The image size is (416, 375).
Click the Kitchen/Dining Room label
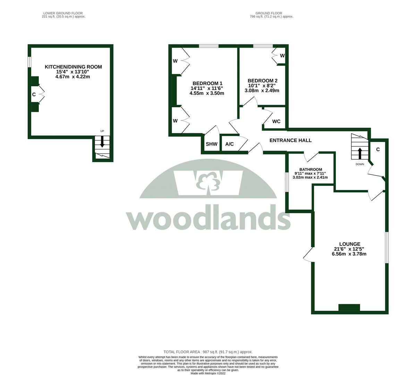[x=73, y=67]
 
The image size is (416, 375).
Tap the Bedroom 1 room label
[x=207, y=83]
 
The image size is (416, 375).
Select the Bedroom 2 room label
[x=262, y=81]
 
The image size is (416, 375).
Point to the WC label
[x=276, y=122]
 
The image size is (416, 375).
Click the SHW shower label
[x=211, y=144]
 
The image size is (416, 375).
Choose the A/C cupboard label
[x=229, y=144]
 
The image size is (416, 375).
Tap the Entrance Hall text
[x=290, y=140]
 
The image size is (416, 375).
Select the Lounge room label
[x=349, y=244]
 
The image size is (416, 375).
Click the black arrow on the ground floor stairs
[x=359, y=153]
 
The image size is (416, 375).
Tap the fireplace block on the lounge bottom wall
[x=349, y=307]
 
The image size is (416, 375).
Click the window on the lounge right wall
[x=387, y=248]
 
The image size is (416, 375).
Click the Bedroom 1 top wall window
[x=209, y=46]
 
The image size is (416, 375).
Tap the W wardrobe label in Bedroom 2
[x=282, y=56]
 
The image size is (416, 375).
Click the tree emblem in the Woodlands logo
[x=208, y=183]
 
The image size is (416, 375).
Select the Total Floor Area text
[x=208, y=352]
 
